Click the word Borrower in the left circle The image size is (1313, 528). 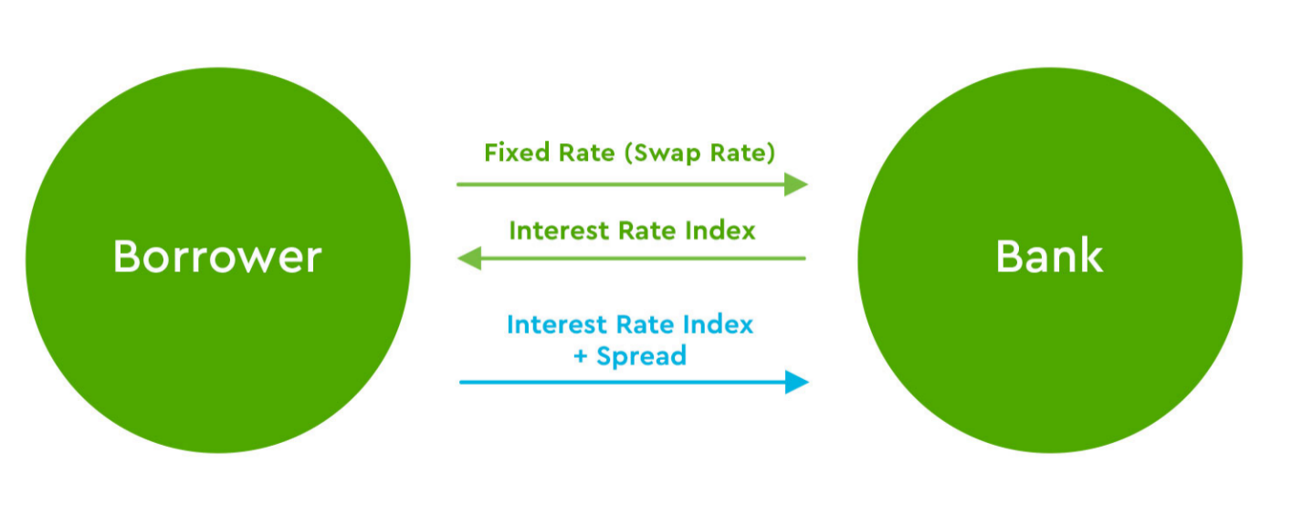217,257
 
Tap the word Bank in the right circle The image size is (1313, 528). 1049,256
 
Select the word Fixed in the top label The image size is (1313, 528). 517,152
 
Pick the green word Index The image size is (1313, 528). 720,230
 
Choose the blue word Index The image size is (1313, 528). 718,324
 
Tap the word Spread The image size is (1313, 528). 641,356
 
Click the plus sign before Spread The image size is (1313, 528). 581,356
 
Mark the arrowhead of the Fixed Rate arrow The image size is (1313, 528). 796,185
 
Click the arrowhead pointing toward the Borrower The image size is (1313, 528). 469,259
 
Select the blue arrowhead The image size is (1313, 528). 797,383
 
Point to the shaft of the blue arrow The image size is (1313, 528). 623,383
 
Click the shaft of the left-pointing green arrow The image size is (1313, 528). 644,259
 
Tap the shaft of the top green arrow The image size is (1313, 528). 621,185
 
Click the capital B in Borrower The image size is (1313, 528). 126,257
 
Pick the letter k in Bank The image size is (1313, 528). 1091,256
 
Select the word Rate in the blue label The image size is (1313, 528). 645,324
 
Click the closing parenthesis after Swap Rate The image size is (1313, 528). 771,153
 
